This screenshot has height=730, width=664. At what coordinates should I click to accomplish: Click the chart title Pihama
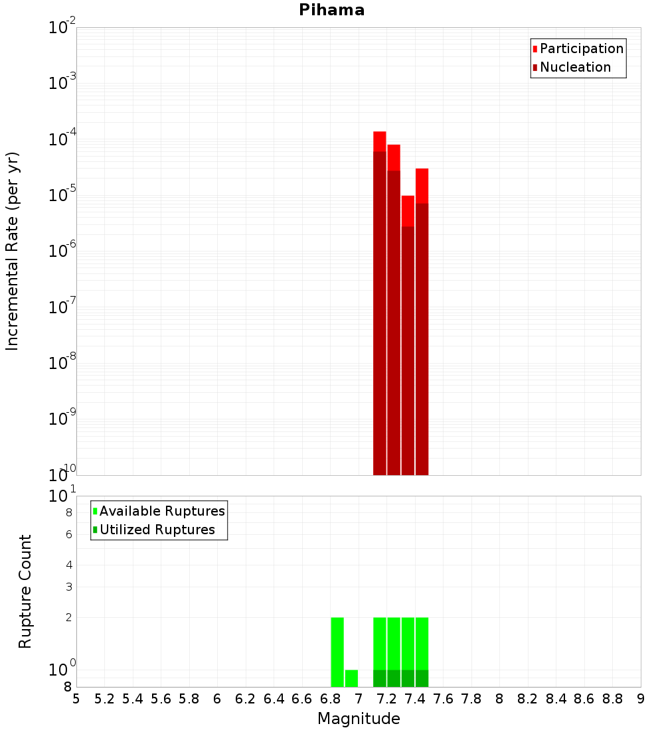tap(331, 10)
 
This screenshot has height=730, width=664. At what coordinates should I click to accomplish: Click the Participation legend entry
tap(581, 48)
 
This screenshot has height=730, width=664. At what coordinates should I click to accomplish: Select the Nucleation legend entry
tap(575, 67)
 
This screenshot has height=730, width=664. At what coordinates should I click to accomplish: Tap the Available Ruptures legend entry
tap(162, 511)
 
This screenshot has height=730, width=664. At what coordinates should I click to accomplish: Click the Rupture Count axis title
tap(25, 591)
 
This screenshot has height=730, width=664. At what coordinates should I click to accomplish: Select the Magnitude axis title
tap(359, 719)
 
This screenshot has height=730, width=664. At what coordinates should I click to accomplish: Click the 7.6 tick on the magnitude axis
tap(443, 699)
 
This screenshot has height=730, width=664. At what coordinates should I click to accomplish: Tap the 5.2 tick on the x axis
tap(104, 699)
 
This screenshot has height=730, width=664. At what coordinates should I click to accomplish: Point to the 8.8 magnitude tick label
tap(612, 699)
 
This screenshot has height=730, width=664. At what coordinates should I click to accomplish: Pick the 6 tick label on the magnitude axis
tap(217, 699)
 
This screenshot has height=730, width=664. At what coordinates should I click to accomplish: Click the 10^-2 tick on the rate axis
tap(62, 28)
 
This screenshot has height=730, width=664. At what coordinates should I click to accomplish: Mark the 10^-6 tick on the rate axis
tap(62, 251)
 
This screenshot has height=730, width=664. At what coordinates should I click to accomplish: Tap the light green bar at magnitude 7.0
tap(351, 678)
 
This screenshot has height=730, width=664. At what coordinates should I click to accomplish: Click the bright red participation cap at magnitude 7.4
tap(408, 211)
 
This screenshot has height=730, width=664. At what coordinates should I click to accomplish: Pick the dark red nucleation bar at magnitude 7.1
tap(380, 312)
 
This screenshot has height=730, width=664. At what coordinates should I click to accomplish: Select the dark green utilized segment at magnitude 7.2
tap(394, 678)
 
